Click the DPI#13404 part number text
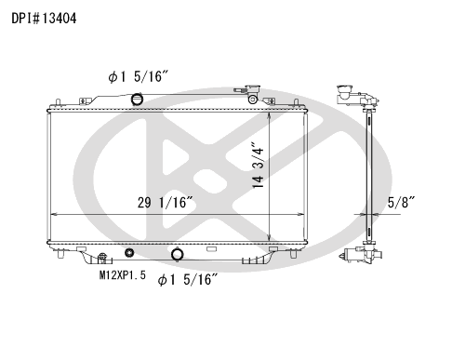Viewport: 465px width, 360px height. click(x=44, y=19)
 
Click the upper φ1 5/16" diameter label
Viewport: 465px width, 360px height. click(x=138, y=76)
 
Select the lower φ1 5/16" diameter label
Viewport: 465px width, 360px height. click(x=188, y=279)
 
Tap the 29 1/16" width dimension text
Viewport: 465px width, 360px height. click(x=166, y=203)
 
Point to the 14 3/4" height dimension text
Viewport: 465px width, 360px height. click(x=258, y=165)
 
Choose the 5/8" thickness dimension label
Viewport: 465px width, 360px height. click(x=401, y=202)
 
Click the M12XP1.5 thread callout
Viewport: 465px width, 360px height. click(x=122, y=275)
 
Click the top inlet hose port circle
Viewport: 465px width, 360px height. click(x=137, y=100)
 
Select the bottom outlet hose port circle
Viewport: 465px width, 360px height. click(x=178, y=254)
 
